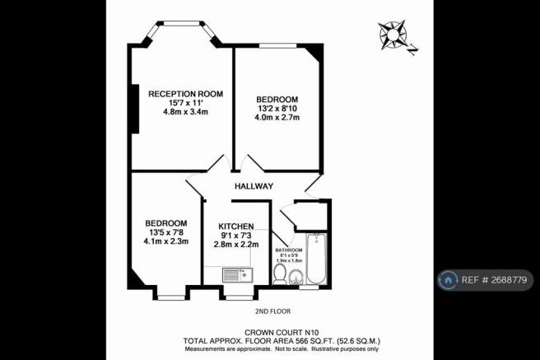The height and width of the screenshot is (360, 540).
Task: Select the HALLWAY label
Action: click(x=254, y=186)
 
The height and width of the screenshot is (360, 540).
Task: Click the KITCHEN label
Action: click(x=236, y=226)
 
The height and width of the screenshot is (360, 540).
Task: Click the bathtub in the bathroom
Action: click(x=317, y=258)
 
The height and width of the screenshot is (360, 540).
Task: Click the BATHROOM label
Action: click(x=289, y=249)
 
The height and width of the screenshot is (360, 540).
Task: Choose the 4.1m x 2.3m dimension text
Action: click(x=165, y=241)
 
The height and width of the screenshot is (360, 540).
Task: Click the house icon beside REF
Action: click(x=449, y=280)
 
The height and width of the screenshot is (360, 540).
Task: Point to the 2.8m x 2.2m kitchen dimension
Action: click(x=237, y=245)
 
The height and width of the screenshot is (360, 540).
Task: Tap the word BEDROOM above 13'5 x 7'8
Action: click(x=166, y=223)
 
